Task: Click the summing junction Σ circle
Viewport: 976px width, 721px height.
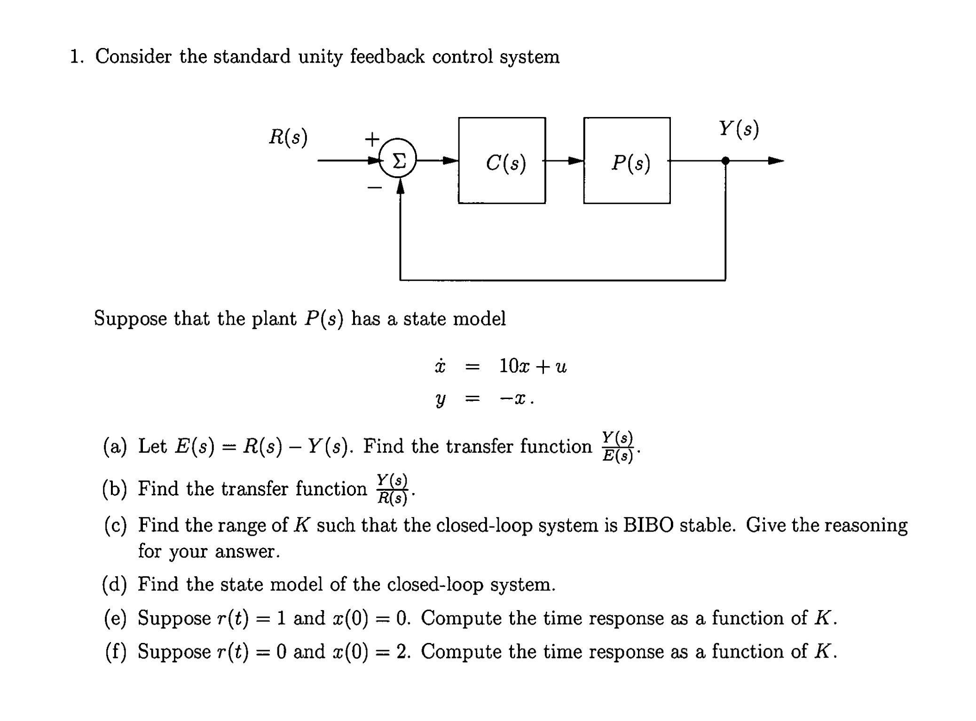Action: [x=398, y=161]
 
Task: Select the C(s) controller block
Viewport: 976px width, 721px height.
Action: [x=502, y=161]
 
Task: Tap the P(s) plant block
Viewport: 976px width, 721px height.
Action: [x=627, y=161]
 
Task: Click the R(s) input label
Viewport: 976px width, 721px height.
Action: [x=288, y=137]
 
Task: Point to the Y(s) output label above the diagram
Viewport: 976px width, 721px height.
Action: [x=739, y=128]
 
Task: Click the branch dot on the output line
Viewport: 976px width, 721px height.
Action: [x=725, y=161]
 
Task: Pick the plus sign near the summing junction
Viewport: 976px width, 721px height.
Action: [x=372, y=139]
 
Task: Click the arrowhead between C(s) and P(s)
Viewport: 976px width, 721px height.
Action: [x=575, y=161]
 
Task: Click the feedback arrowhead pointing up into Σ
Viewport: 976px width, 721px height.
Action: [x=400, y=187]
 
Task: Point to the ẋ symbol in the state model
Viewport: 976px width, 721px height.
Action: [x=440, y=366]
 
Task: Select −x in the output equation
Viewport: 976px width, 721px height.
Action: [x=512, y=399]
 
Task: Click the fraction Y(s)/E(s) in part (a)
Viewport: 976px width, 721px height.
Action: [x=618, y=447]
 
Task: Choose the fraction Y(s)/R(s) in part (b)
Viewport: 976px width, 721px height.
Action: [x=393, y=489]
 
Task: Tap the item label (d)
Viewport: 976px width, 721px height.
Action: [x=114, y=585]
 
